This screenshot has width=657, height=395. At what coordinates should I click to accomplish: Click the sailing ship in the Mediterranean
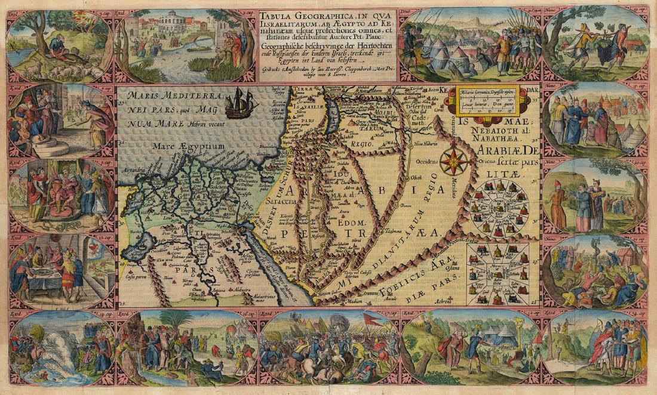coord(242,103)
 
